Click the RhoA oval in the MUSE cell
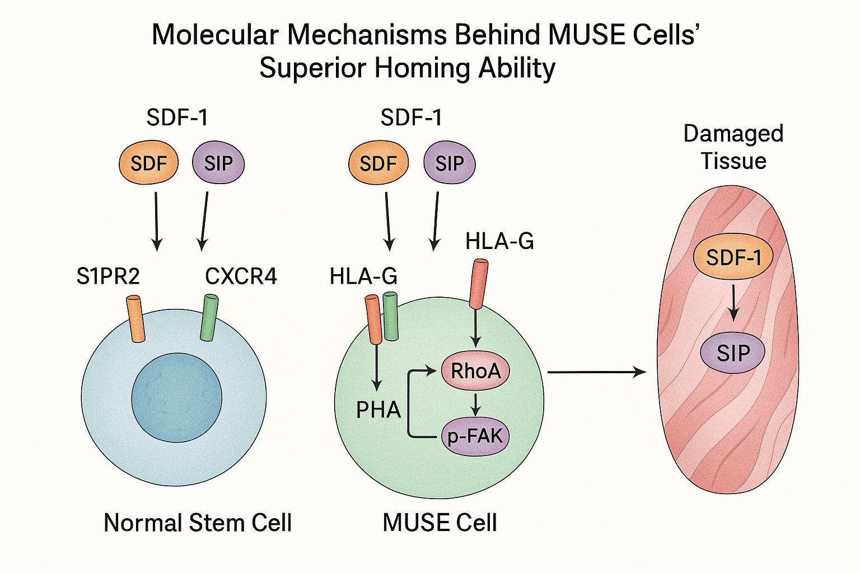tap(475, 370)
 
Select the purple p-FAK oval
tap(475, 436)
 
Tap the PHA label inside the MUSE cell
tap(378, 410)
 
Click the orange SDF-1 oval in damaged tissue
tap(733, 257)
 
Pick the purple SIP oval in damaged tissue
tap(733, 353)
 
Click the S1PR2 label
tap(108, 276)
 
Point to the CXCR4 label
tap(241, 276)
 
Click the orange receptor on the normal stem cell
tap(135, 319)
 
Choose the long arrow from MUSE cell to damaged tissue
tap(596, 372)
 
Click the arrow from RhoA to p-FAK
tap(475, 404)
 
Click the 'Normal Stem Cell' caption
tap(198, 523)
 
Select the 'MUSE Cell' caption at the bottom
tap(440, 523)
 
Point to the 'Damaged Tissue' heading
tap(733, 147)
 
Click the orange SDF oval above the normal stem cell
tap(148, 163)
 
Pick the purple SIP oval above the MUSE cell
tap(450, 163)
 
